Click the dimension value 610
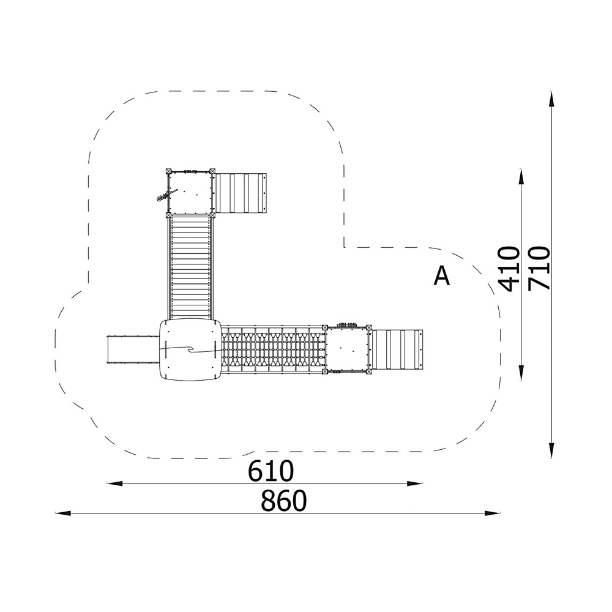[271, 471]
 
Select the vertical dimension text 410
[510, 269]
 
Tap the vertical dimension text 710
[539, 268]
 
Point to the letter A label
[442, 276]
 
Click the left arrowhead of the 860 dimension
[62, 513]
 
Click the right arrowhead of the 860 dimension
[493, 513]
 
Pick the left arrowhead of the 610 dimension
[114, 483]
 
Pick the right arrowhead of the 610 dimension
[415, 483]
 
